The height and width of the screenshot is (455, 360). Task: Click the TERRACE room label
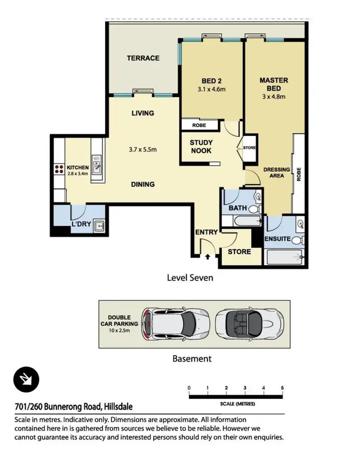(143, 58)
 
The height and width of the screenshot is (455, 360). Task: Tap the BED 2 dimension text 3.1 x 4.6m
(212, 89)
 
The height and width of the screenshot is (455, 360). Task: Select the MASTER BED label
(274, 84)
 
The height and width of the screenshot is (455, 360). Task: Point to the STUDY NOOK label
(201, 147)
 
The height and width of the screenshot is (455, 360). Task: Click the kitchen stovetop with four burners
(59, 169)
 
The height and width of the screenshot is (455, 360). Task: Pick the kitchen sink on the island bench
(97, 164)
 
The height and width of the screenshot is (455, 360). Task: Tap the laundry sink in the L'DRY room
(99, 225)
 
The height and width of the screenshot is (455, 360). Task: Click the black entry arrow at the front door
(207, 257)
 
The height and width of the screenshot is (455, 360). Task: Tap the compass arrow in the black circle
(25, 379)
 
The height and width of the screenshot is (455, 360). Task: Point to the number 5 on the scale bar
(282, 388)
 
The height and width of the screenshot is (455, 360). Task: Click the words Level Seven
(190, 278)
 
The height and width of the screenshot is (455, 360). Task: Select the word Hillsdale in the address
(118, 406)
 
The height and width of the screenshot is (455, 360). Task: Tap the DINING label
(143, 184)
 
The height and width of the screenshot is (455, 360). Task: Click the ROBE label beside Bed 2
(199, 125)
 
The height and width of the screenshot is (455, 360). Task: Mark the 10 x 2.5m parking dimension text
(119, 330)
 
